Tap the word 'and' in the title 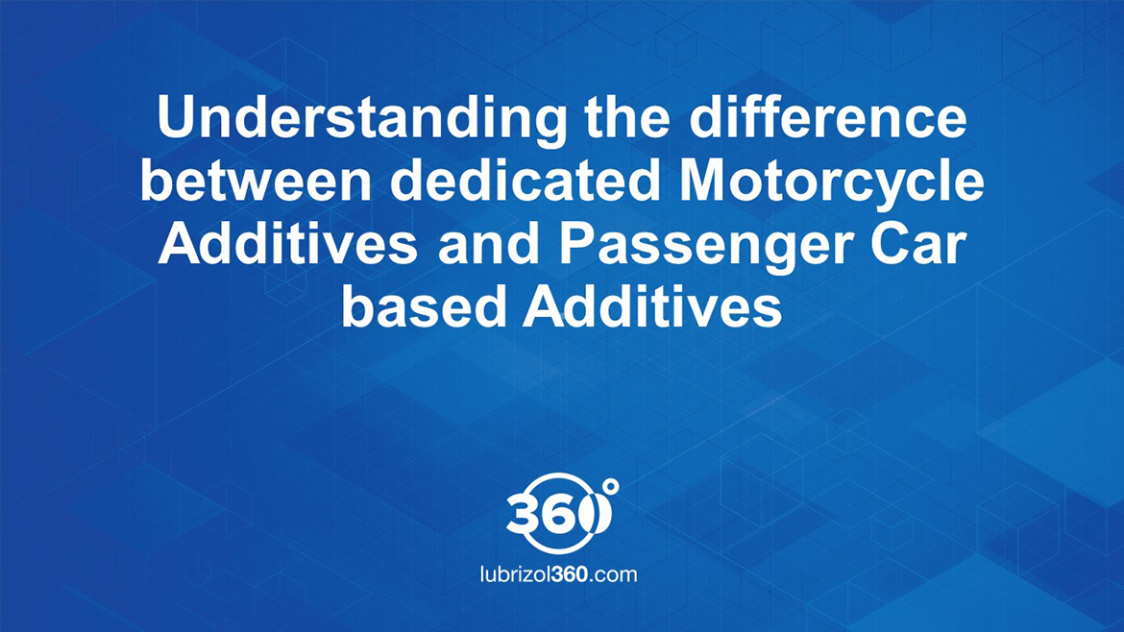(489, 243)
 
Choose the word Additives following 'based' (653, 306)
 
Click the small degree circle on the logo (610, 487)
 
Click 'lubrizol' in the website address (515, 574)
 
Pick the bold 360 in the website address (569, 574)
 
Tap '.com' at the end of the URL (613, 574)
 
